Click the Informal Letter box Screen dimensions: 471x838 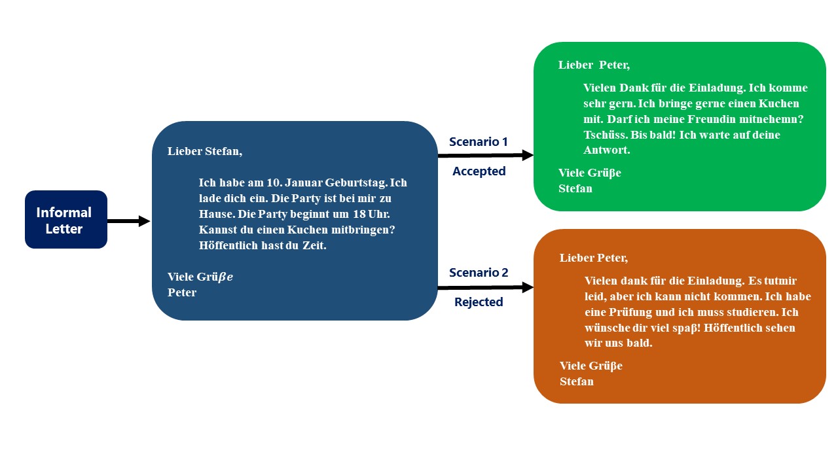(65, 220)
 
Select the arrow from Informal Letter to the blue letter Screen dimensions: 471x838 (128, 221)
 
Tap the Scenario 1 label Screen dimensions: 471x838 (478, 141)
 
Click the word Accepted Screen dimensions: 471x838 (479, 171)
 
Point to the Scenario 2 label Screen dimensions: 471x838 (478, 272)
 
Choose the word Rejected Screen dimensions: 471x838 (479, 302)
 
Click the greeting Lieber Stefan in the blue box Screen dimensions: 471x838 (204, 151)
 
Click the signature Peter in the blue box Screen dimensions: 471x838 (182, 292)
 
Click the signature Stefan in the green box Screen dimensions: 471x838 (575, 188)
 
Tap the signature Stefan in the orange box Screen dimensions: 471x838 (576, 381)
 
